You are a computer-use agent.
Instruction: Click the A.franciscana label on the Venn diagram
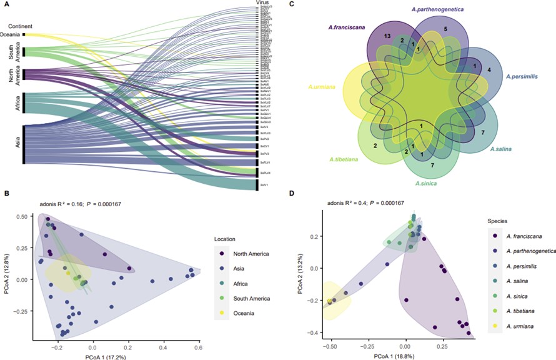click(x=347, y=27)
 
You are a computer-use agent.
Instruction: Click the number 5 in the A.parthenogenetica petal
click(x=445, y=29)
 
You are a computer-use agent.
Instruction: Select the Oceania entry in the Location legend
click(x=246, y=313)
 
